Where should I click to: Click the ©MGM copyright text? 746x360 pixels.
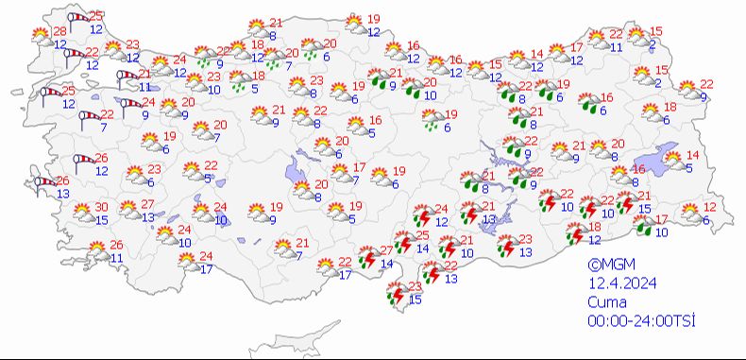608,266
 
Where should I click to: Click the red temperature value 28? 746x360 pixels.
59,32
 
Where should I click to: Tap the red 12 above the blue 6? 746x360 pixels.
711,207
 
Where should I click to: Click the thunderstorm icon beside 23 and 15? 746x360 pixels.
395,296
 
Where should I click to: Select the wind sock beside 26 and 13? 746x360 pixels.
43,186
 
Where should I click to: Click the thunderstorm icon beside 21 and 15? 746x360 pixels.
624,201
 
